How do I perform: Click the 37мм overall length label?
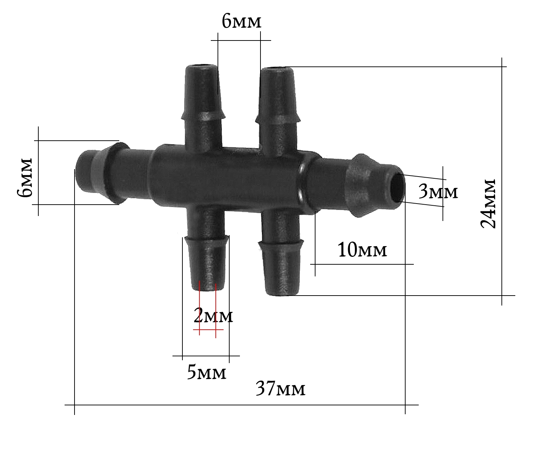click(x=280, y=389)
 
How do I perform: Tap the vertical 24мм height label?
click(x=488, y=204)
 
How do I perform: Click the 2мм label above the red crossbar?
click(x=213, y=315)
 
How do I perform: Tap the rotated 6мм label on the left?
click(x=24, y=177)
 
